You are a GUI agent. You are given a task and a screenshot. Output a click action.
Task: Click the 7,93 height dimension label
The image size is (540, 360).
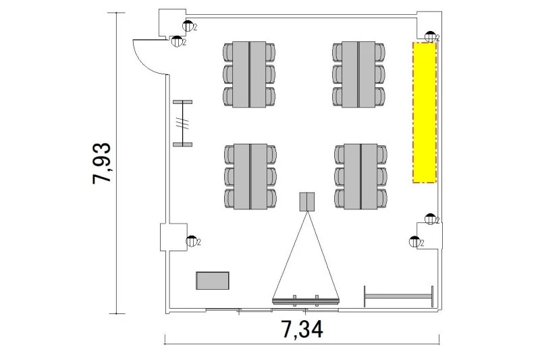(x=102, y=163)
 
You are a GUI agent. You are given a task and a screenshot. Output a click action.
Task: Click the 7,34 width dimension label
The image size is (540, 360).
(x=302, y=330)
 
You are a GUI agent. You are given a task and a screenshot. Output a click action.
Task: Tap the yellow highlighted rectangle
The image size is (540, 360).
(x=425, y=112)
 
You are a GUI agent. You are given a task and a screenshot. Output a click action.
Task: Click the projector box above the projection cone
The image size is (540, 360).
(x=307, y=201)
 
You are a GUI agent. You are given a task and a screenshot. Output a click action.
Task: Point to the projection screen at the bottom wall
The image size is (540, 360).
(x=306, y=301)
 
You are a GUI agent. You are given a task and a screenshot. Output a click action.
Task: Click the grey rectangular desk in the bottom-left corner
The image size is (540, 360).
(x=213, y=280)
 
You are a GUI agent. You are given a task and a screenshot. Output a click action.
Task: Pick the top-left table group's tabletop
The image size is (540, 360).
(x=249, y=74)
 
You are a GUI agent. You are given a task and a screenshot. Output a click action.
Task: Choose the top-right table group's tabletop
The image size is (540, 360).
(x=358, y=74)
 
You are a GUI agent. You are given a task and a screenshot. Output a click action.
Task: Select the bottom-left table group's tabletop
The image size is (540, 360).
(x=250, y=177)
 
